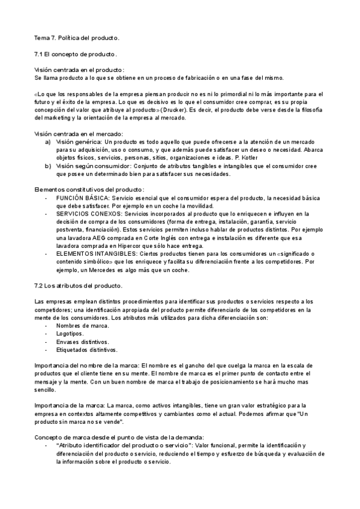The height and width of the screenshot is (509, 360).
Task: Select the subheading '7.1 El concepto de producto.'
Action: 76,54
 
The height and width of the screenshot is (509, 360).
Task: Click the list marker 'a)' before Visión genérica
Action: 47,142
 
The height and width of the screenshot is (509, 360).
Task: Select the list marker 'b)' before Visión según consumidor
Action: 47,166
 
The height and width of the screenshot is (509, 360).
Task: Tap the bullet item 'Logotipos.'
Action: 70,333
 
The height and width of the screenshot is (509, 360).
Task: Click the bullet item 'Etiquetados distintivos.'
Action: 87,349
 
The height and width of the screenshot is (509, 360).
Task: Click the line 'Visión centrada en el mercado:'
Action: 79,133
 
